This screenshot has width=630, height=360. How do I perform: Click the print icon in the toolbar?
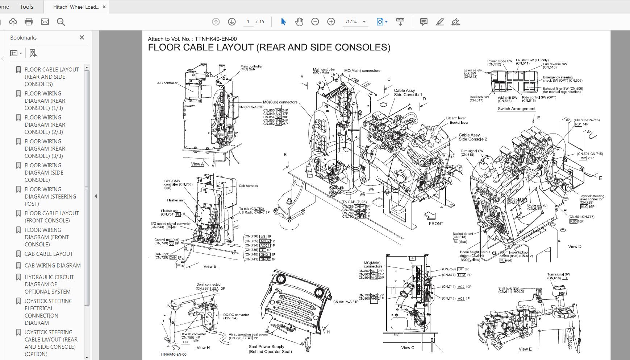pyautogui.click(x=29, y=22)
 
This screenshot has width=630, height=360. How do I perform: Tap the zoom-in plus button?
pyautogui.click(x=331, y=22)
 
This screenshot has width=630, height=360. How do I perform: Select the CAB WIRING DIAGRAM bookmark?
pyautogui.click(x=53, y=265)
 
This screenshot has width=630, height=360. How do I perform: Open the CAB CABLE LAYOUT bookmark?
pyautogui.click(x=49, y=254)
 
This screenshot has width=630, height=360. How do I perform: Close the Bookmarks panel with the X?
pyautogui.click(x=82, y=37)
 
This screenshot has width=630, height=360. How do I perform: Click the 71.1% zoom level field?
pyautogui.click(x=351, y=22)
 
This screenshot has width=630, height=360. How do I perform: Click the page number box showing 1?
pyautogui.click(x=248, y=22)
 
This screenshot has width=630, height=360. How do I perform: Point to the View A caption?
pyautogui.click(x=197, y=164)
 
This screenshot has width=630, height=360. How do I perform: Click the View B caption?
pyautogui.click(x=210, y=266)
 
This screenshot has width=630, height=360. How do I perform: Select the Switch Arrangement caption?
pyautogui.click(x=516, y=109)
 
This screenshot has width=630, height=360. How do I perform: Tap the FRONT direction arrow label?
pyautogui.click(x=436, y=224)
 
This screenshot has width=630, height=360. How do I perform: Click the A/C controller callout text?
pyautogui.click(x=167, y=83)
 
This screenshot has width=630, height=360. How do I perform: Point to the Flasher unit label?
pyautogui.click(x=176, y=200)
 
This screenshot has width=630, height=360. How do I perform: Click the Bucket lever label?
pyautogui.click(x=459, y=123)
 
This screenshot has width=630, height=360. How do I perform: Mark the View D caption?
pyautogui.click(x=575, y=247)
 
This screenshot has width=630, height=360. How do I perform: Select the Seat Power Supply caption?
pyautogui.click(x=266, y=347)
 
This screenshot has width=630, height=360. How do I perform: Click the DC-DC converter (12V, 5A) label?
pyautogui.click(x=236, y=316)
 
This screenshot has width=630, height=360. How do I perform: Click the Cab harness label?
pyautogui.click(x=248, y=186)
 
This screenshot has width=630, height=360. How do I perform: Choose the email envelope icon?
pyautogui.click(x=45, y=22)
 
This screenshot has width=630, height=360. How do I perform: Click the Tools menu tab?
pyautogui.click(x=26, y=7)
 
